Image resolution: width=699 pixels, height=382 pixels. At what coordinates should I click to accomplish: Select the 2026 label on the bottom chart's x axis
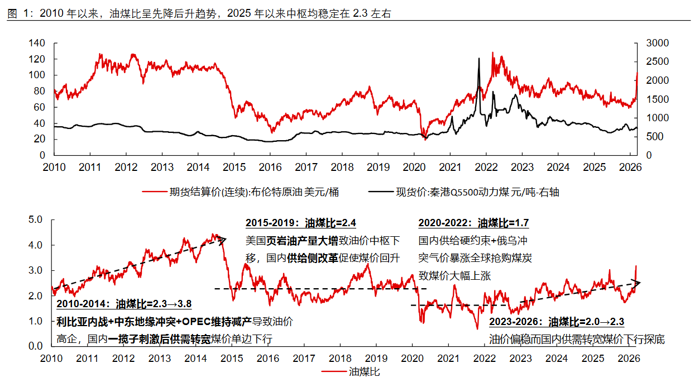coord(629,358)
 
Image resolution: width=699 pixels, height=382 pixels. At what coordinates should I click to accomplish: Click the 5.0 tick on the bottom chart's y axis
coord(35,220)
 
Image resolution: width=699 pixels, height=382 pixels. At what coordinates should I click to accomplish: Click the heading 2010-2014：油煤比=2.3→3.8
coord(124,304)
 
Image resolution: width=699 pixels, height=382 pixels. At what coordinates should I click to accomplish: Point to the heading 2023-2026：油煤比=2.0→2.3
coord(557,322)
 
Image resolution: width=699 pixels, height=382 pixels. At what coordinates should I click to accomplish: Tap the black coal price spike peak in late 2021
coord(478,59)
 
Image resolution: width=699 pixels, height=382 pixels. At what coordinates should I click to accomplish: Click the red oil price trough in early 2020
coord(425,139)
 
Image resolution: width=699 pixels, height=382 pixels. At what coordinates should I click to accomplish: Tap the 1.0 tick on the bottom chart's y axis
coord(35,321)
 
